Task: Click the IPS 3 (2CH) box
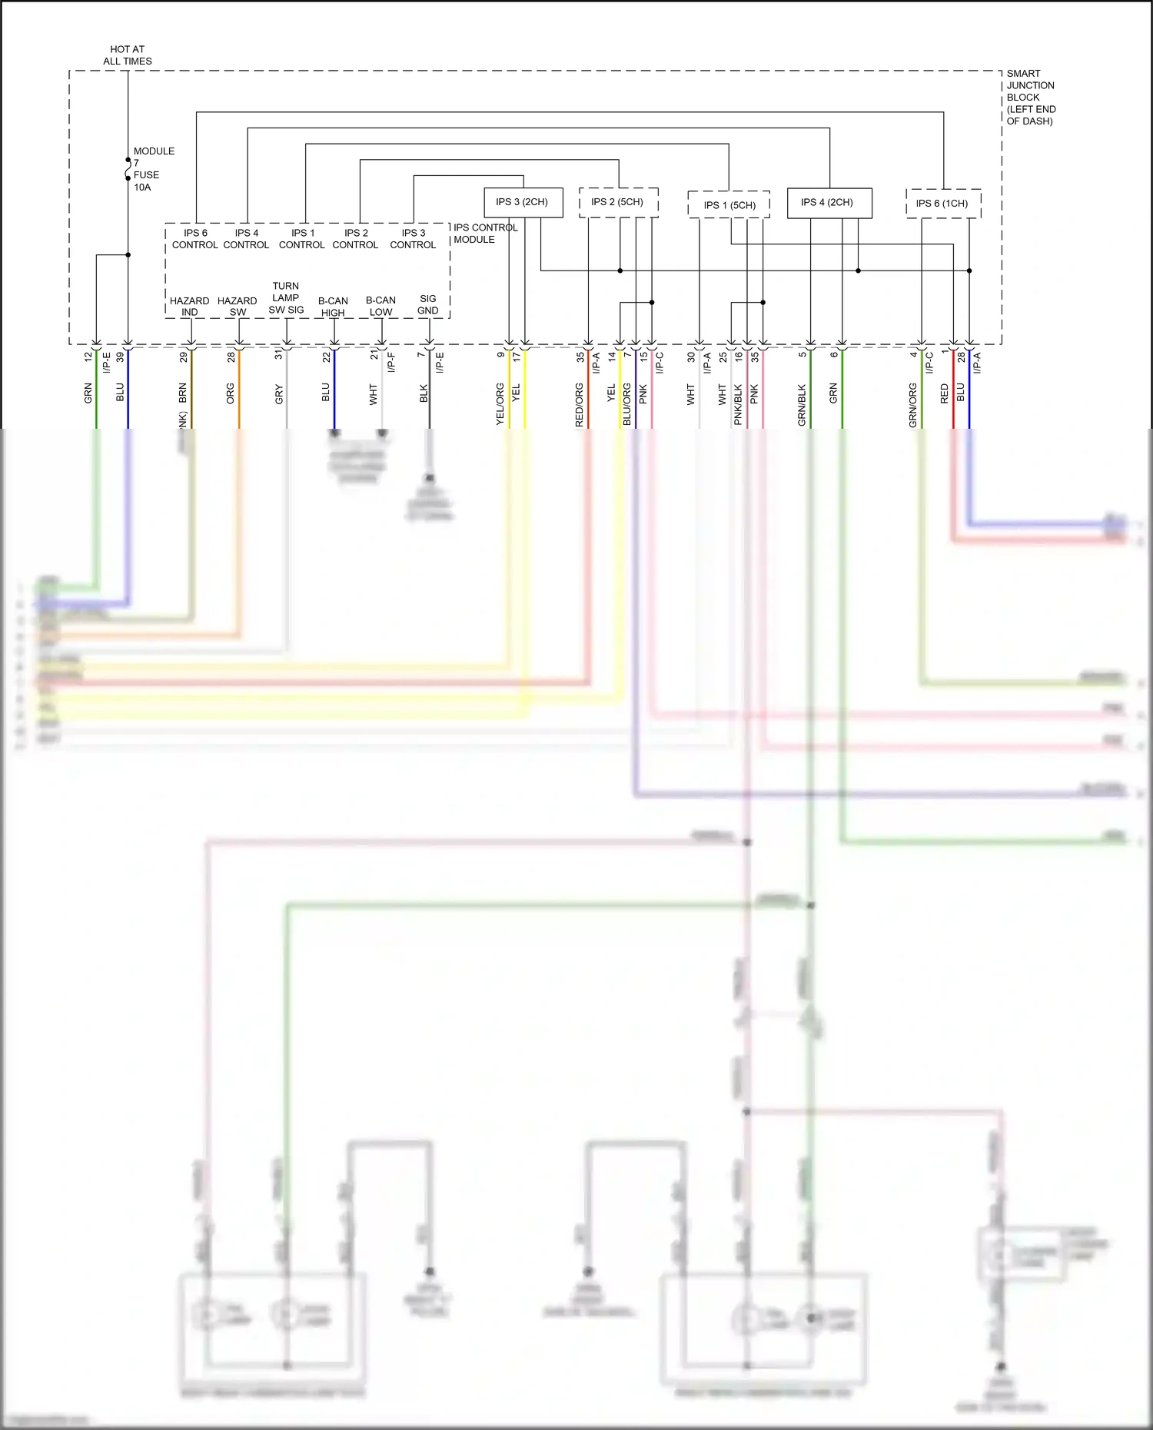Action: tap(523, 202)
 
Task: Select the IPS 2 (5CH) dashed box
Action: tap(618, 202)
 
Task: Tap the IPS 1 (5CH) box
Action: tap(729, 205)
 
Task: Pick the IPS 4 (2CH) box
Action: tap(829, 203)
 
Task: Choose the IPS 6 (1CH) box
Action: tap(942, 204)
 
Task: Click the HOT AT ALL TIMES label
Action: tap(128, 55)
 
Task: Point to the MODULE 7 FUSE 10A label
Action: tap(152, 169)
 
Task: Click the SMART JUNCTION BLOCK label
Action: tap(1030, 97)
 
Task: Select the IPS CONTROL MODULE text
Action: tap(484, 234)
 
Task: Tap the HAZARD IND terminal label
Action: tap(189, 307)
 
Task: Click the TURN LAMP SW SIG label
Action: tap(286, 297)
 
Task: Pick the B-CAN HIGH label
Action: tap(333, 307)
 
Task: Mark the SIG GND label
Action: tap(427, 304)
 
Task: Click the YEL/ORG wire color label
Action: tap(500, 404)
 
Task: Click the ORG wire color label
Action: tap(231, 394)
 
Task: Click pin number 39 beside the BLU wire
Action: tap(120, 357)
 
